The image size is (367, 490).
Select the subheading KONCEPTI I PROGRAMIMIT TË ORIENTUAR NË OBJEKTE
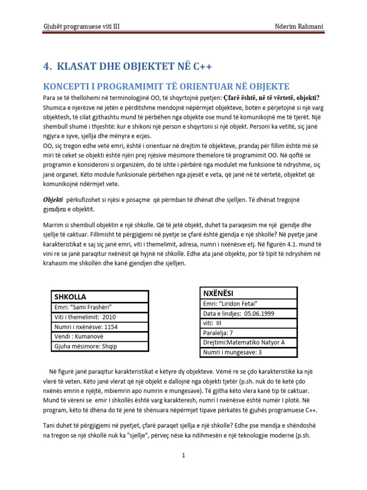pyautogui.click(x=166, y=86)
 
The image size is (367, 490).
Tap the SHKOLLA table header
pyautogui.click(x=71, y=297)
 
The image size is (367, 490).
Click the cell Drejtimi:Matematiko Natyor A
pyautogui.click(x=243, y=343)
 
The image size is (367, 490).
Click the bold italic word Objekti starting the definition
pyautogui.click(x=54, y=200)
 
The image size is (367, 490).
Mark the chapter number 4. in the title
pyautogui.click(x=47, y=66)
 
